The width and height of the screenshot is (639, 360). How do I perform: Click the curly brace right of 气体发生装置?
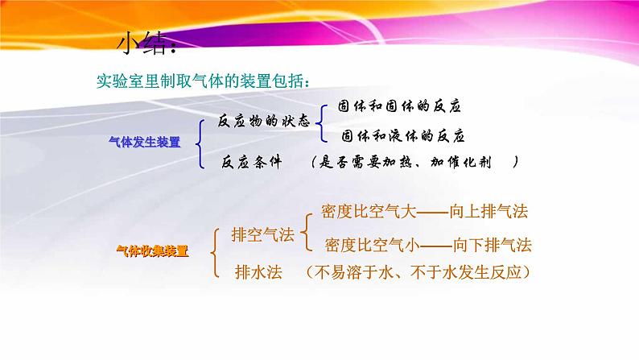[x=200, y=142]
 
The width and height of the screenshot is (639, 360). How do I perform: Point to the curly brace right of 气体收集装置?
[x=215, y=253]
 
